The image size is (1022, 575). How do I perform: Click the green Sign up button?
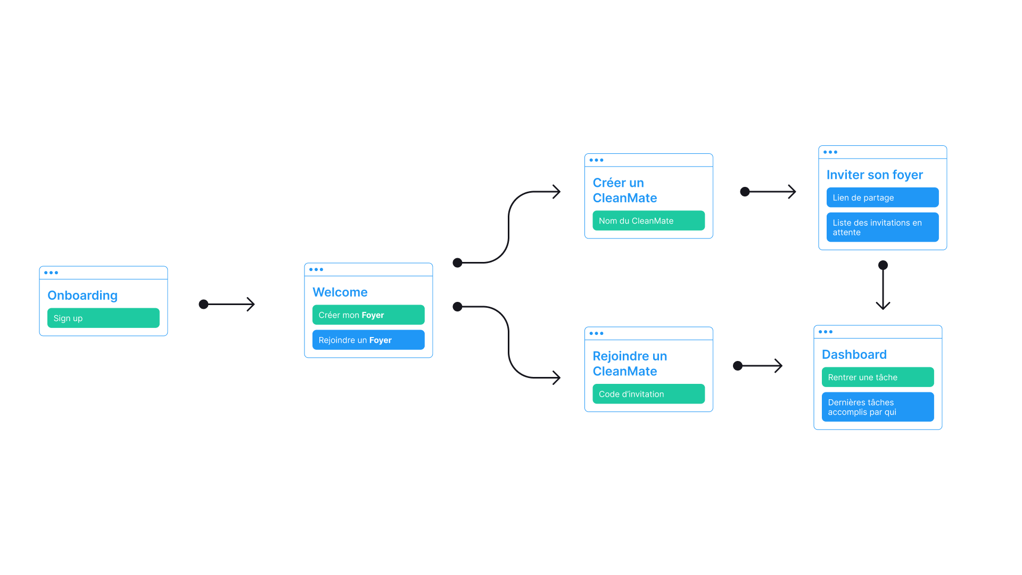pyautogui.click(x=103, y=318)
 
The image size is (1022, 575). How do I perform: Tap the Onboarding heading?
pyautogui.click(x=83, y=295)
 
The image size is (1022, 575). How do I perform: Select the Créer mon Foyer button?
pyautogui.click(x=368, y=315)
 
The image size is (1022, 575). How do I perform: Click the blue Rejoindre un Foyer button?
pyautogui.click(x=368, y=340)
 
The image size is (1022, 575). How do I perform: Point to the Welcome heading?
pyautogui.click(x=340, y=292)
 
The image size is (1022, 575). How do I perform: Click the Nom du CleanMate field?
pyautogui.click(x=648, y=220)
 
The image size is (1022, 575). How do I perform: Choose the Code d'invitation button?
pyautogui.click(x=648, y=394)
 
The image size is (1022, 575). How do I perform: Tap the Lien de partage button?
pyautogui.click(x=882, y=198)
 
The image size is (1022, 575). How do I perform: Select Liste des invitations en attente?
pyautogui.click(x=882, y=227)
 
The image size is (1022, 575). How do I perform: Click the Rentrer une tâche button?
pyautogui.click(x=877, y=377)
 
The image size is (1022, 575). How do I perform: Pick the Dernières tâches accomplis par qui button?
pyautogui.click(x=877, y=407)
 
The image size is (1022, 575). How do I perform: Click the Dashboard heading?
pyautogui.click(x=854, y=355)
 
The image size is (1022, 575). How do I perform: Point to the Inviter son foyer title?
pyautogui.click(x=875, y=175)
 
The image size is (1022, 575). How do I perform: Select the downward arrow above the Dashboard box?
pyautogui.click(x=883, y=287)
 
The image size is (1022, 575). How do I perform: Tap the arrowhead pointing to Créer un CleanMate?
pyautogui.click(x=556, y=192)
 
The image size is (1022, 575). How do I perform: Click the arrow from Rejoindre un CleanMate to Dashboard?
pyautogui.click(x=760, y=366)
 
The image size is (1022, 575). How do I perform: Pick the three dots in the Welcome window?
pyautogui.click(x=316, y=269)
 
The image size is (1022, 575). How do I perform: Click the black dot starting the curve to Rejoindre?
pyautogui.click(x=457, y=307)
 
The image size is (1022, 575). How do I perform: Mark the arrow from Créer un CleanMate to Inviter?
pyautogui.click(x=769, y=192)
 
